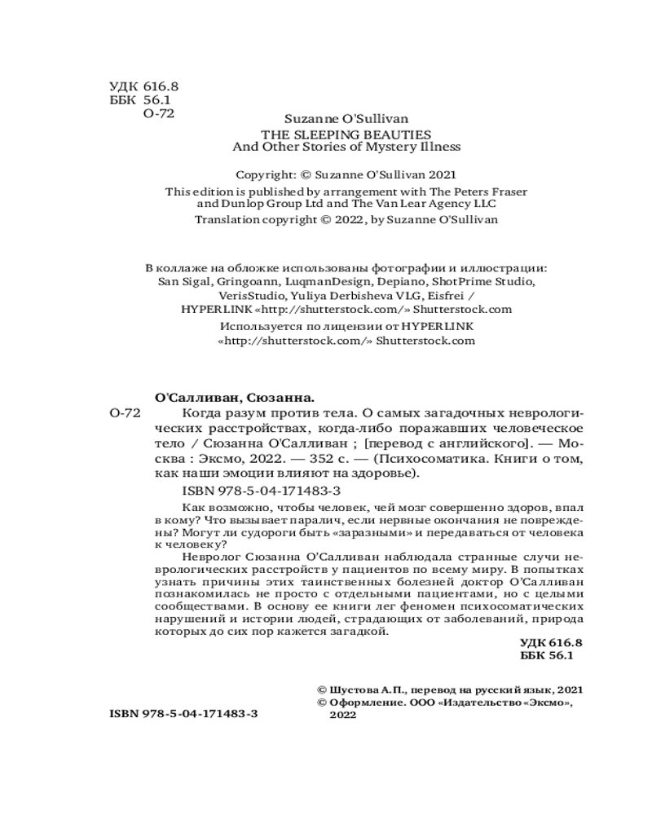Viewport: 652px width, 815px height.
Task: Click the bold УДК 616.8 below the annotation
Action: (x=551, y=642)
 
